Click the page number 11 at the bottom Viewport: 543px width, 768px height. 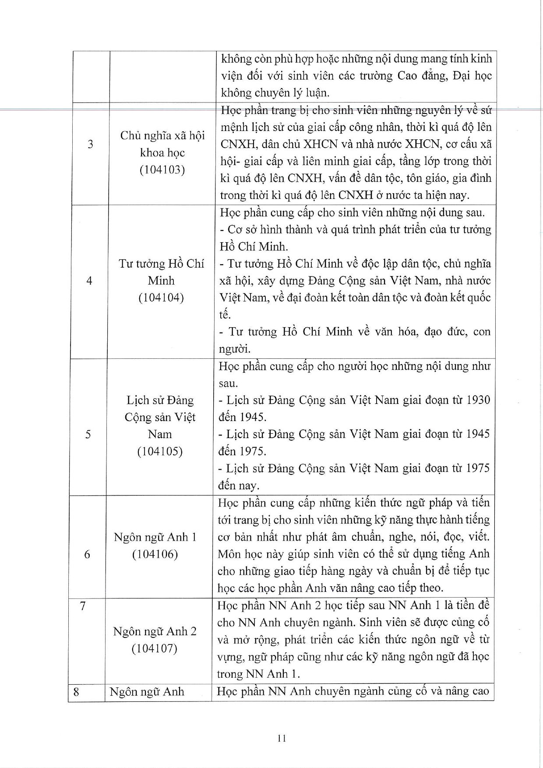282,738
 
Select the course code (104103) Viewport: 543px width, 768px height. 162,170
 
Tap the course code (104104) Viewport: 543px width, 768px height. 161,297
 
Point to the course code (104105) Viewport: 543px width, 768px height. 160,451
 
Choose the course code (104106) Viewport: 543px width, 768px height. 155,554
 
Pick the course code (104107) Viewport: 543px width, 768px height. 154,648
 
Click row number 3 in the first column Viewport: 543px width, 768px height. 90,144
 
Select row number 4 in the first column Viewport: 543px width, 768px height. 89,280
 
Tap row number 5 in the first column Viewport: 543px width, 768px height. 88,434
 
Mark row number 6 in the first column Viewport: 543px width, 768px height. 87,554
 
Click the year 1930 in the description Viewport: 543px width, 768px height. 478,400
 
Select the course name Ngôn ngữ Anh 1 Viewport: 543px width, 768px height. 155,537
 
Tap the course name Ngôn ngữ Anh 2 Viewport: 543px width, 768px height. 155,631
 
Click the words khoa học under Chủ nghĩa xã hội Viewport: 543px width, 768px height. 162,152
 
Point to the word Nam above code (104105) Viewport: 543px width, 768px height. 160,434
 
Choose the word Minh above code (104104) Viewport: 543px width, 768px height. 161,280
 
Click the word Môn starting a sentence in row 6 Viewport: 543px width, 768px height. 229,554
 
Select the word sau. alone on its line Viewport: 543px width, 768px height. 228,383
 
